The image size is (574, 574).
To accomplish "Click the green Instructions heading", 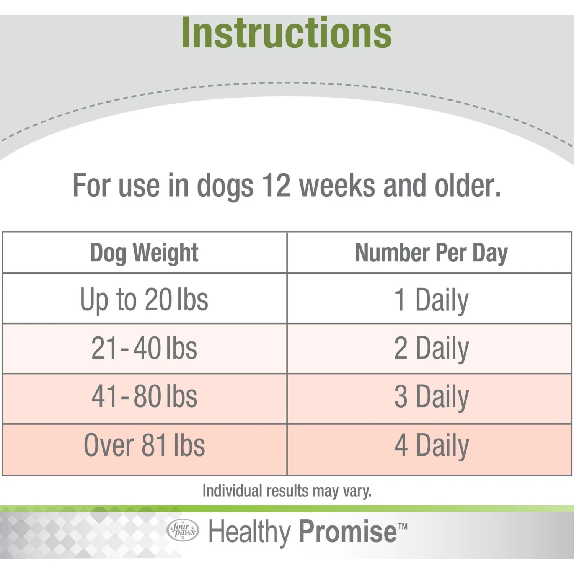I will (x=286, y=34).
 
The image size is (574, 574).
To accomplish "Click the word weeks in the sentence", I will (x=337, y=186).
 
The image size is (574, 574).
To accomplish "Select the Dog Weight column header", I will (x=144, y=253).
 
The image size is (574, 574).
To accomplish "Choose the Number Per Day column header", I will (x=431, y=253).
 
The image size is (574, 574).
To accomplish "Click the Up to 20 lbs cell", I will (x=144, y=299).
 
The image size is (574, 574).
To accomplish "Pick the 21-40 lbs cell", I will (x=144, y=348).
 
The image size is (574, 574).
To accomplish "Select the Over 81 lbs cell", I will (x=144, y=445).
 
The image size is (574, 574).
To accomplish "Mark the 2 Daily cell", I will (x=431, y=348).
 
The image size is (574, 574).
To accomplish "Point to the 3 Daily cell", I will (x=431, y=397).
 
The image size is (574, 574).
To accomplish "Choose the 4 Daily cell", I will (x=431, y=445).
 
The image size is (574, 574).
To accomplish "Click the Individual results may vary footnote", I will (x=287, y=491).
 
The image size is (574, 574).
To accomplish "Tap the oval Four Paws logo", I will (x=183, y=530).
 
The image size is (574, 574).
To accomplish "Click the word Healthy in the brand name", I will (x=249, y=532).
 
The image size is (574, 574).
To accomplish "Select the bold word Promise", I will (x=347, y=532).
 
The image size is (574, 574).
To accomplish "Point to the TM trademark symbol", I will (x=403, y=527).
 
